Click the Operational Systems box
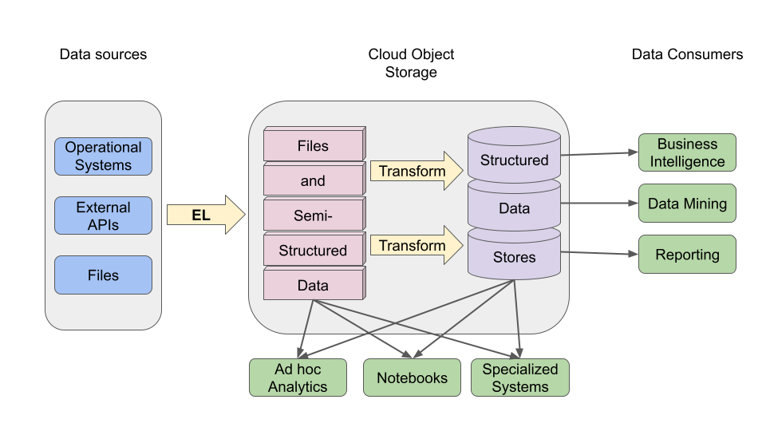tap(103, 156)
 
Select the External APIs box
tap(103, 215)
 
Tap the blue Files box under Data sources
tap(103, 275)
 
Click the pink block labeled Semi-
tap(313, 215)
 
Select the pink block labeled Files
tap(313, 146)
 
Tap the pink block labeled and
tap(313, 181)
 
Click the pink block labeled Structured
tap(313, 251)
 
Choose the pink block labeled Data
tap(313, 285)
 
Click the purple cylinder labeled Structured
tap(514, 159)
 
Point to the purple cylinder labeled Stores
tap(514, 257)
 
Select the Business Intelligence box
tap(687, 152)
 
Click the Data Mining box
tap(687, 204)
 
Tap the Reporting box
tap(687, 255)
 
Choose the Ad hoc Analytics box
tap(298, 378)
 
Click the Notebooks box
tap(412, 378)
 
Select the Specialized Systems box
tap(520, 378)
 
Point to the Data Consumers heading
tap(687, 54)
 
